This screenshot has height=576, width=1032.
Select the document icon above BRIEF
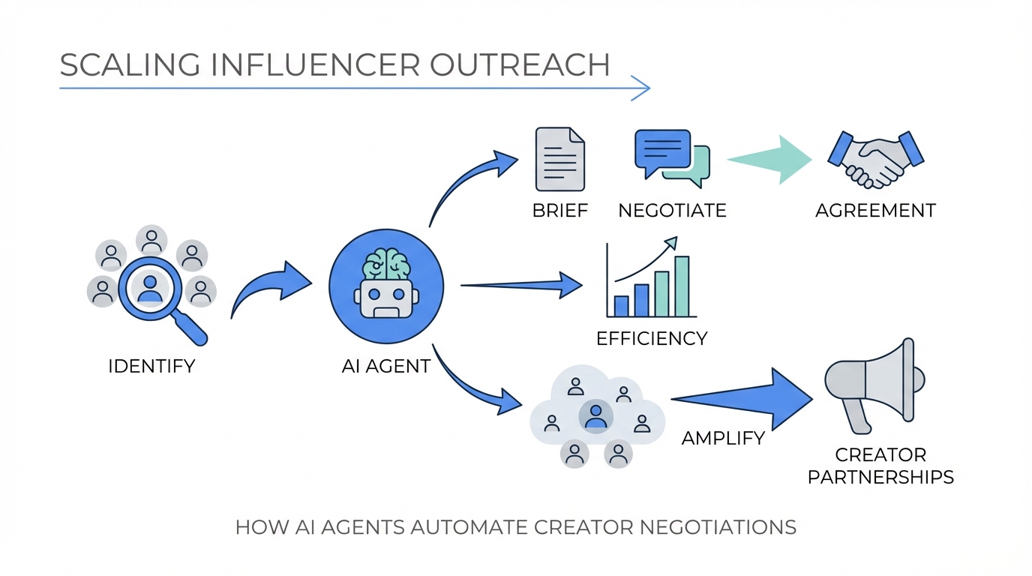click(x=559, y=159)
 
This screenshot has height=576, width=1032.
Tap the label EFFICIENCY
click(x=652, y=338)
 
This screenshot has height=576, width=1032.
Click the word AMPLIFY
click(x=723, y=438)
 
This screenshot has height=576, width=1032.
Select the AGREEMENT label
click(x=875, y=210)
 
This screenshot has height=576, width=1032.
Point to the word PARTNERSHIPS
click(x=880, y=476)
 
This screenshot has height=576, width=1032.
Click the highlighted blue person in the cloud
click(x=595, y=415)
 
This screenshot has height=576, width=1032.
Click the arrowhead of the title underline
click(x=640, y=88)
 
